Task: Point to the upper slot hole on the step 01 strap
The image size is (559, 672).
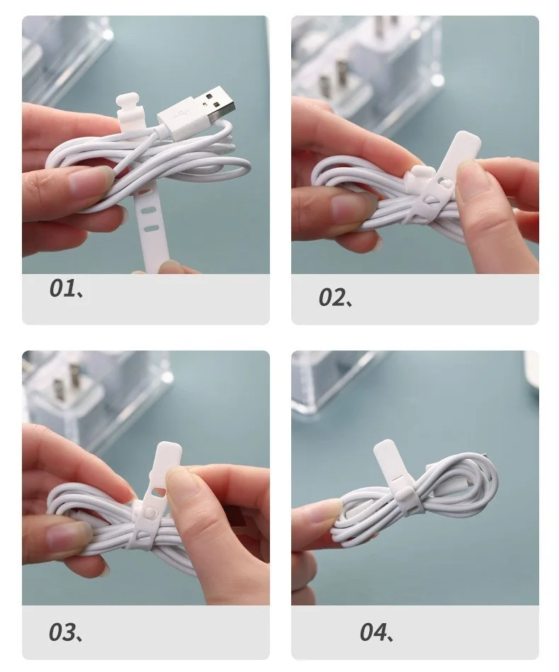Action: point(149,211)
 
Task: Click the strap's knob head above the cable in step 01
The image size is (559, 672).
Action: point(128,107)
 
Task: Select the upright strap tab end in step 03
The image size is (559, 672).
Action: point(168,459)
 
